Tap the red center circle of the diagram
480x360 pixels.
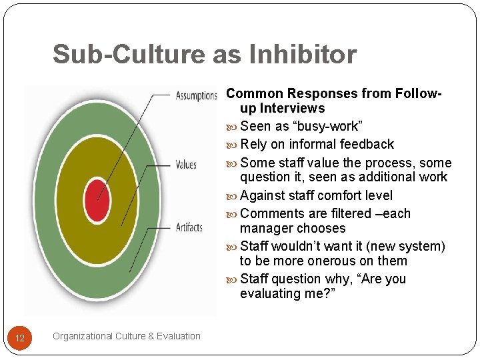[97, 199]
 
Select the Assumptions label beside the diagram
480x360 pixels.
[197, 95]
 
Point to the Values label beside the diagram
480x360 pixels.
[186, 164]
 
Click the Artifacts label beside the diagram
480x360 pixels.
[189, 227]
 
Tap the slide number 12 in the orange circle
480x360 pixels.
[20, 338]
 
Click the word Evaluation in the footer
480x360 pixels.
[179, 336]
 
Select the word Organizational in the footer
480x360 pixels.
[83, 336]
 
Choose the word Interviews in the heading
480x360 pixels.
[292, 108]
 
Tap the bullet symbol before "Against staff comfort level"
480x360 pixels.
[232, 196]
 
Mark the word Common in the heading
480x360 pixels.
[254, 93]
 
